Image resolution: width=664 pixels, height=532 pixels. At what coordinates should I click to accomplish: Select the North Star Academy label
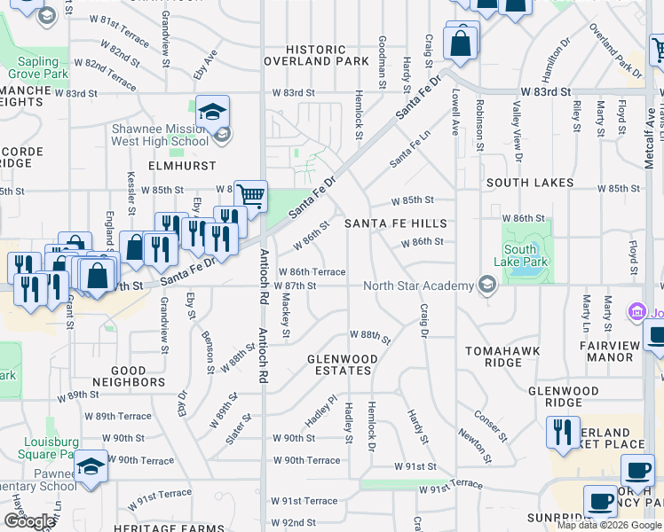coord(419,286)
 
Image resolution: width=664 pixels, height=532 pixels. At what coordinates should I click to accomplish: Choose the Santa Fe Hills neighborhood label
coord(395,223)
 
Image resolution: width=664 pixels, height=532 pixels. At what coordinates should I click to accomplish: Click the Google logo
coord(29,521)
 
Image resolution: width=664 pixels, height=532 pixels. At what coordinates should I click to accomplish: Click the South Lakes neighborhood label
coord(530,183)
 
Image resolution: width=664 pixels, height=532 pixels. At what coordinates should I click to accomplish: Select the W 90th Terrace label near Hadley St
coord(306,460)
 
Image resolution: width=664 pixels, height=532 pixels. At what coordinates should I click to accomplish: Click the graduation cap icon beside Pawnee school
coord(91,465)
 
